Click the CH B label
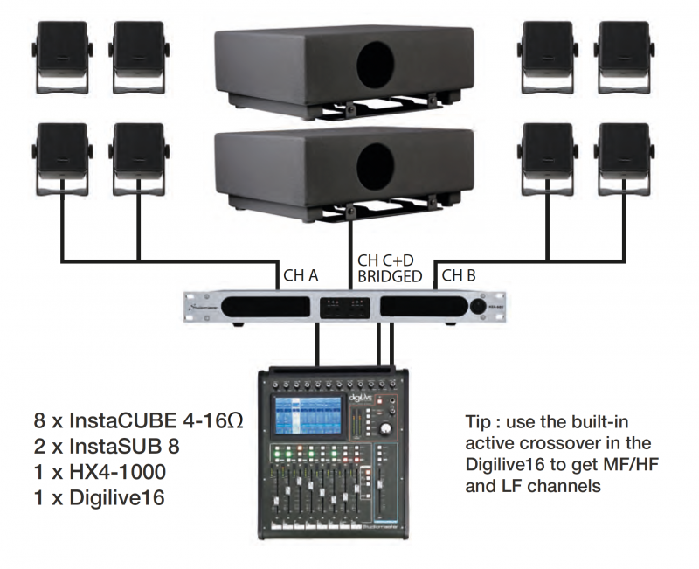[x=460, y=274]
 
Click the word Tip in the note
[x=480, y=423]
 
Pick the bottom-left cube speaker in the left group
[x=60, y=153]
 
